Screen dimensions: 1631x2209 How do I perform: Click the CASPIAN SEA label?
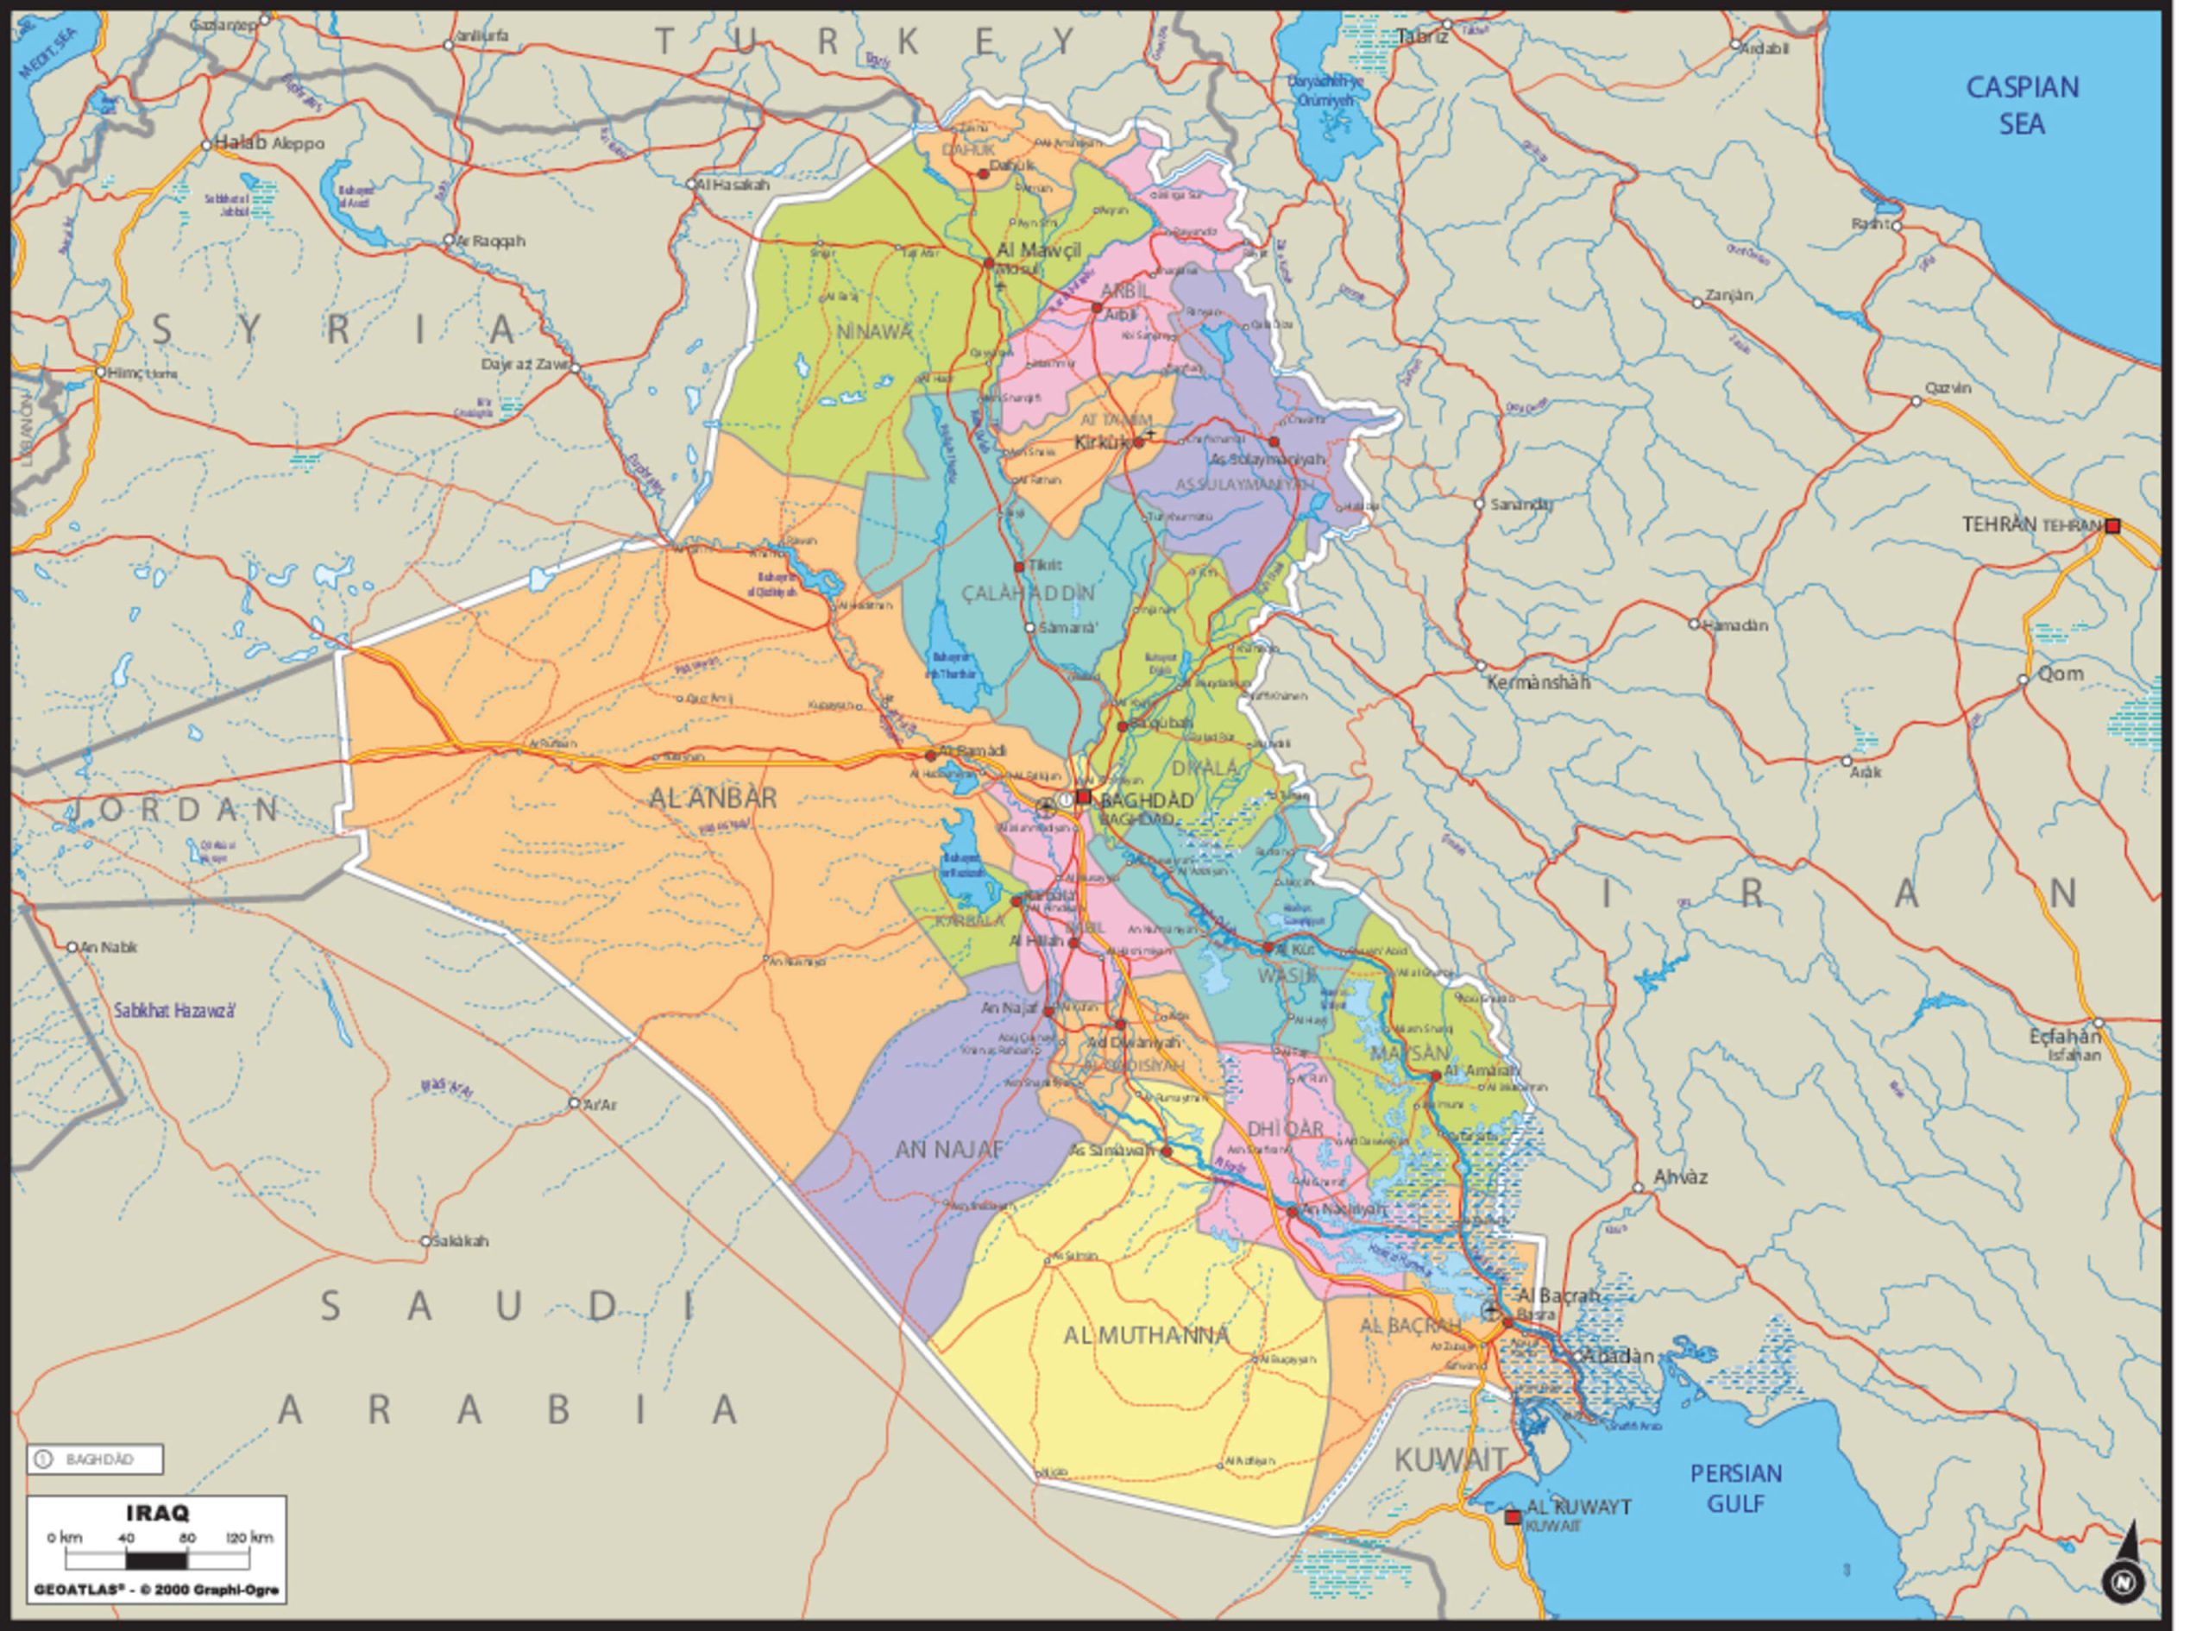[2022, 105]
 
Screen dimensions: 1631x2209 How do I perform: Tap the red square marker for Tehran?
[2112, 526]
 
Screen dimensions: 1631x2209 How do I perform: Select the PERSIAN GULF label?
[1736, 1488]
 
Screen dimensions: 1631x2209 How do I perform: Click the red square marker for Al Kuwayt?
[1512, 1517]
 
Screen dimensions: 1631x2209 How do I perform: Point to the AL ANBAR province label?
[713, 799]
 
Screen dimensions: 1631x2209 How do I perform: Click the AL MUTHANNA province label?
[1147, 1336]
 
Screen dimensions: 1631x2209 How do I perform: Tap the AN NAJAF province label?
[949, 1149]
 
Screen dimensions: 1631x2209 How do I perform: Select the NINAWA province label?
[874, 332]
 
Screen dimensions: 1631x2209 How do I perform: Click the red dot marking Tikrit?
[1019, 567]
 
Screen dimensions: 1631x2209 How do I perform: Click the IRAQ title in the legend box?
[158, 1514]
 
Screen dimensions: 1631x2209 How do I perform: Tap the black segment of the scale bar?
[156, 1561]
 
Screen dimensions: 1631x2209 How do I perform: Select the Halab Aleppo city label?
[268, 143]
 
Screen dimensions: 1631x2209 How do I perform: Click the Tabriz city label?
[1422, 37]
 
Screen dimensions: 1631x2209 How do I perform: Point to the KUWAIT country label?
[1451, 1458]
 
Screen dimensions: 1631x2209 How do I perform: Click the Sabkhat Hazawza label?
[175, 1011]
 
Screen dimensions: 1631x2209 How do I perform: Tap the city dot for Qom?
[2023, 680]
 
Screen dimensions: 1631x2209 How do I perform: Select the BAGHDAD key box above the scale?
[95, 1459]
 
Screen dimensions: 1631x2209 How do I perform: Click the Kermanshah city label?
[1539, 682]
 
